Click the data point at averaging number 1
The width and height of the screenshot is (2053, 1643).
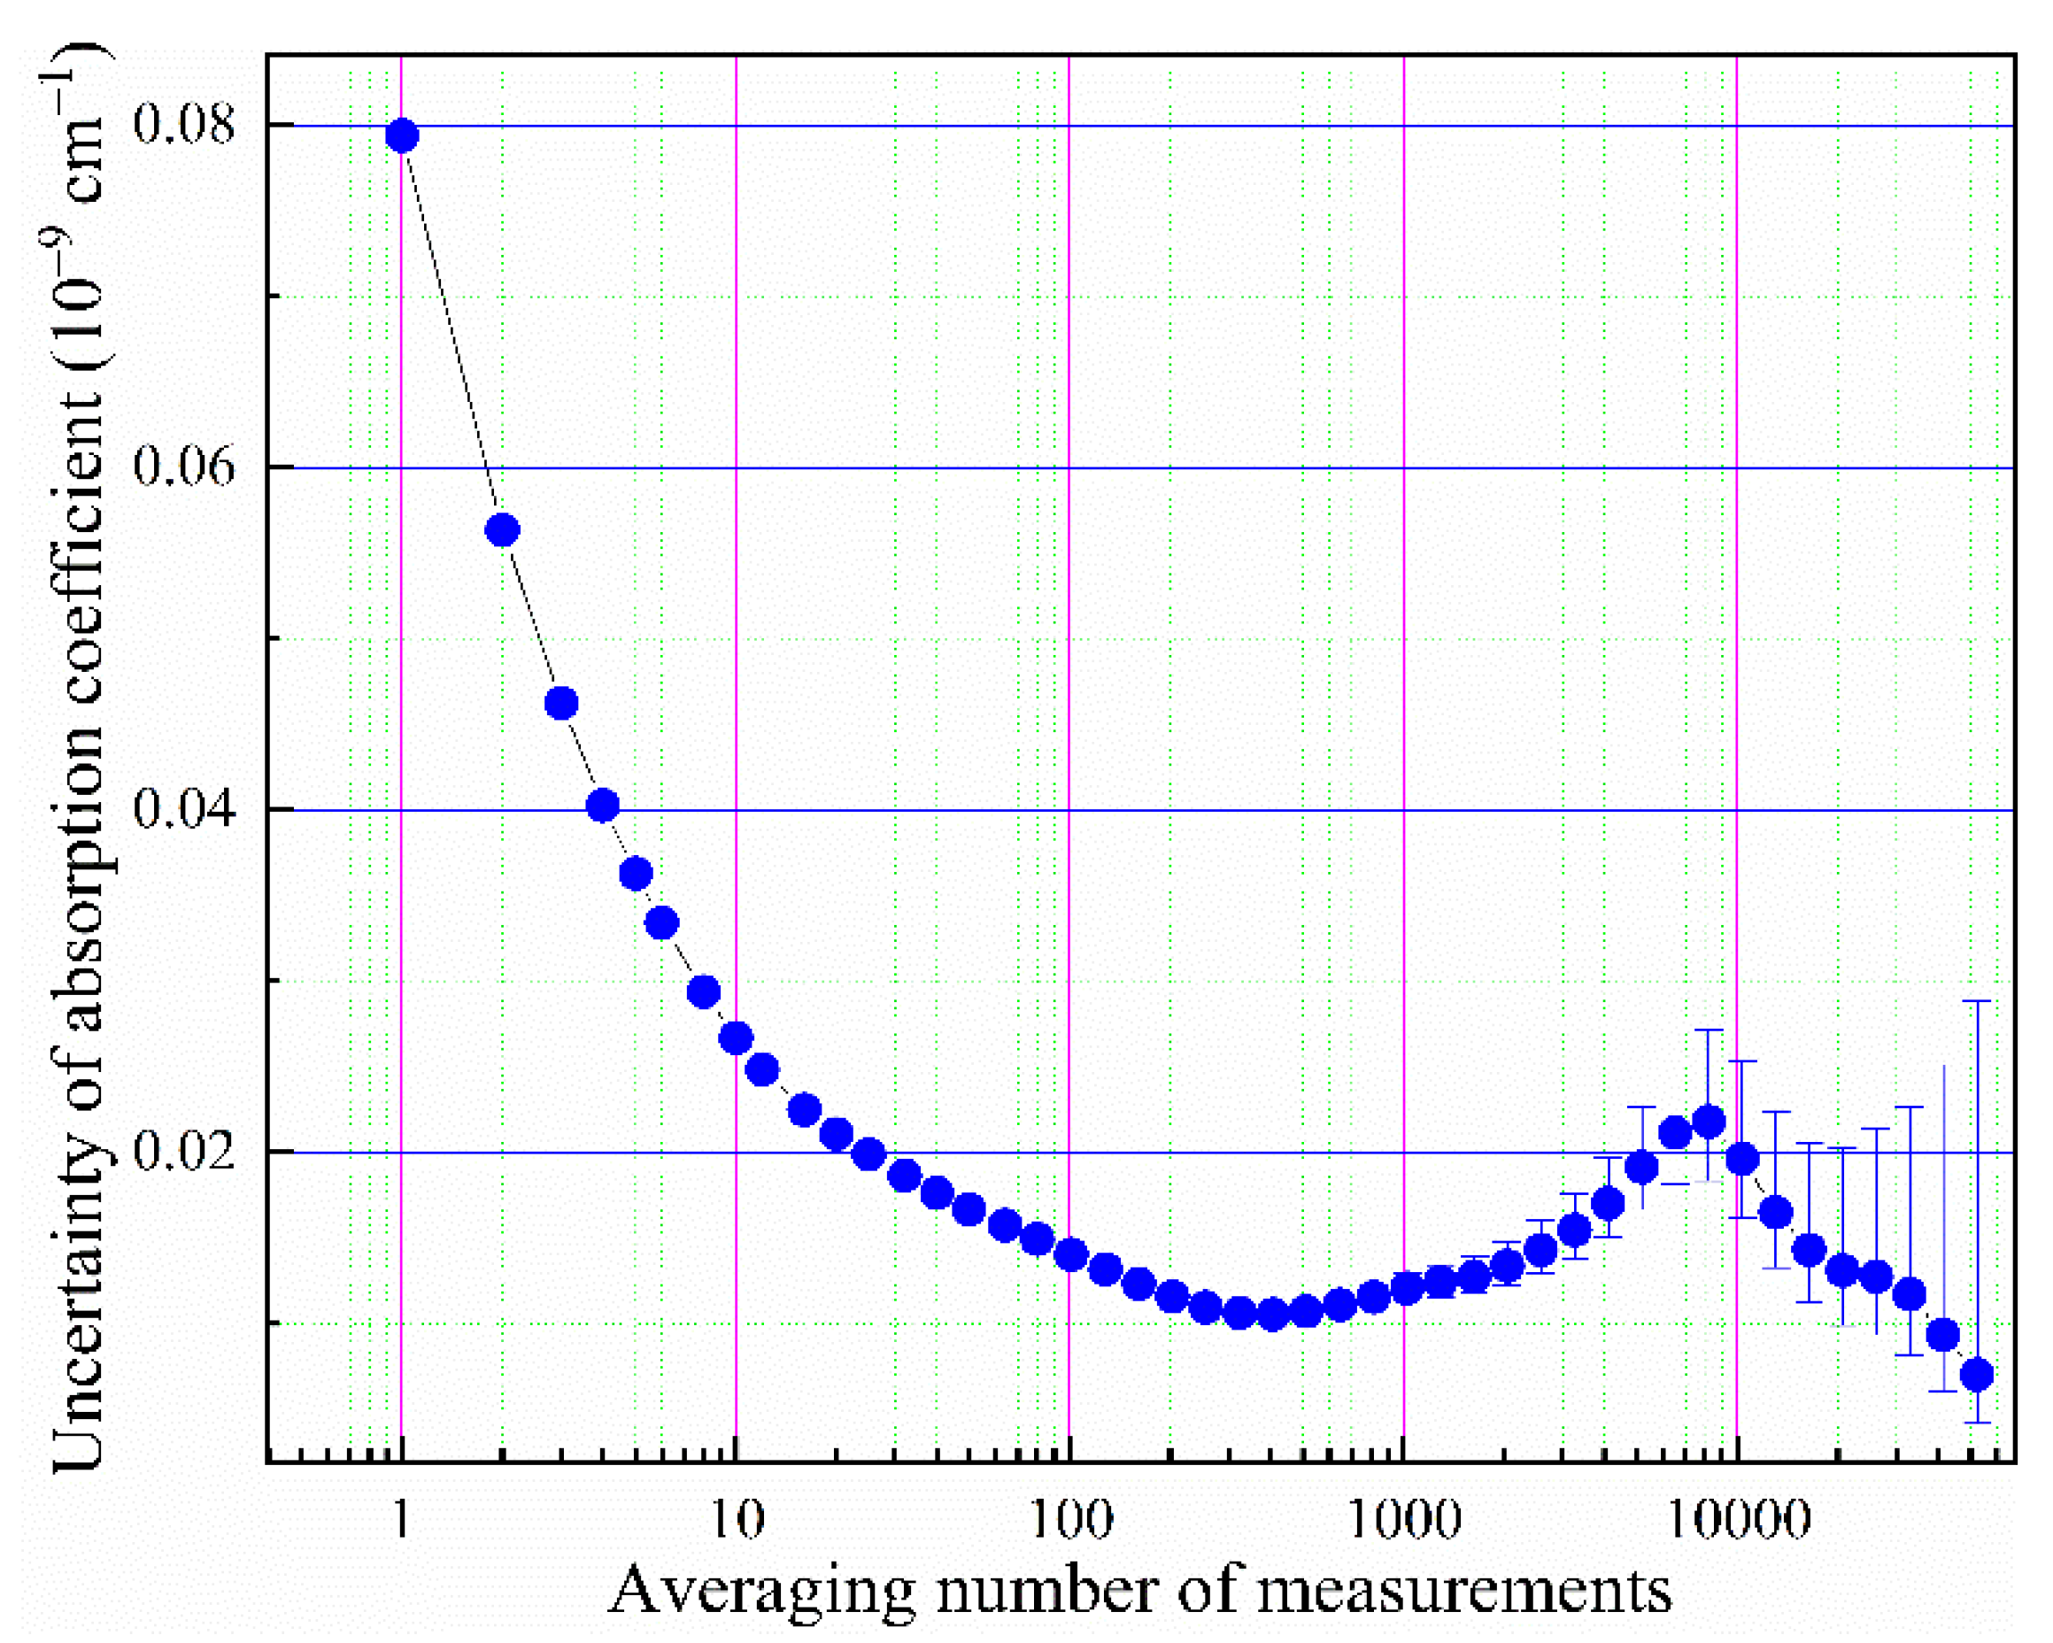pyautogui.click(x=402, y=136)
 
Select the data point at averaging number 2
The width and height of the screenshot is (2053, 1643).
pyautogui.click(x=503, y=530)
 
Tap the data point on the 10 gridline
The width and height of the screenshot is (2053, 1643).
pyautogui.click(x=736, y=1037)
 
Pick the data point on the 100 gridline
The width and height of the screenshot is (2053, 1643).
pyautogui.click(x=1071, y=1254)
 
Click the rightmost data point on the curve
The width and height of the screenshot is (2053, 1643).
pyautogui.click(x=1977, y=1375)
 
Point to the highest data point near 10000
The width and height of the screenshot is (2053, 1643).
pyautogui.click(x=1709, y=1122)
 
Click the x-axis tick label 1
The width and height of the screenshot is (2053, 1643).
pyautogui.click(x=402, y=1520)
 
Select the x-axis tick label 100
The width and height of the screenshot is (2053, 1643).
pyautogui.click(x=1071, y=1520)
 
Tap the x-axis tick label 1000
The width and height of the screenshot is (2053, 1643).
pyautogui.click(x=1405, y=1520)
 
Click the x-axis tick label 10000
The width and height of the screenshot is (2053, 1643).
pyautogui.click(x=1738, y=1520)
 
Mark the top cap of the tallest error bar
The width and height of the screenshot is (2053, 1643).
pyautogui.click(x=1977, y=1001)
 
